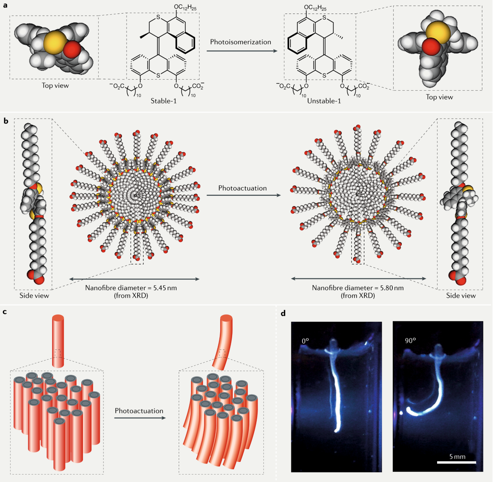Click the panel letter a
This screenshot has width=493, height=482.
tap(5, 5)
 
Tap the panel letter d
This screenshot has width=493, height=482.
tap(283, 313)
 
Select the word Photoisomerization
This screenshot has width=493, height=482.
tap(240, 42)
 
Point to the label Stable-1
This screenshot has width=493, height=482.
tap(164, 101)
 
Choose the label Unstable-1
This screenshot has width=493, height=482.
tap(324, 101)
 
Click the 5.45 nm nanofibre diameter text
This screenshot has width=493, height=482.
tap(131, 288)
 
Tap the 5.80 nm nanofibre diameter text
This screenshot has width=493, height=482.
tap(358, 288)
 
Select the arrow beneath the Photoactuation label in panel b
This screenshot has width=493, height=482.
tap(243, 195)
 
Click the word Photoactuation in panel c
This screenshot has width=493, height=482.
tap(139, 411)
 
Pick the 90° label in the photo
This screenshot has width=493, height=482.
tap(410, 340)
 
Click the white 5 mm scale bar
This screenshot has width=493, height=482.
tap(456, 462)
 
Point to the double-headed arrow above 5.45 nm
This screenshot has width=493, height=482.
tap(134, 279)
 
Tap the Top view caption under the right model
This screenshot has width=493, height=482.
tap(439, 97)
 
